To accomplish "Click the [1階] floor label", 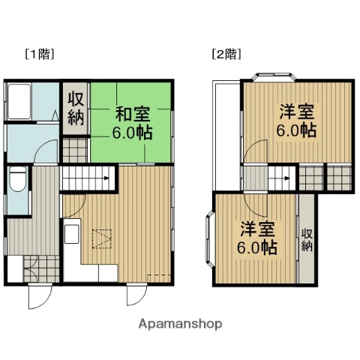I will [x=39, y=54].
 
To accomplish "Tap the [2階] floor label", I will [x=226, y=54].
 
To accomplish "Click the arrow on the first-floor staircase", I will [x=106, y=178].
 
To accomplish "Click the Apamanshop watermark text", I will [x=180, y=324].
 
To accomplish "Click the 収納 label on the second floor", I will [x=307, y=241].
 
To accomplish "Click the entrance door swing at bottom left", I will [x=39, y=296].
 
